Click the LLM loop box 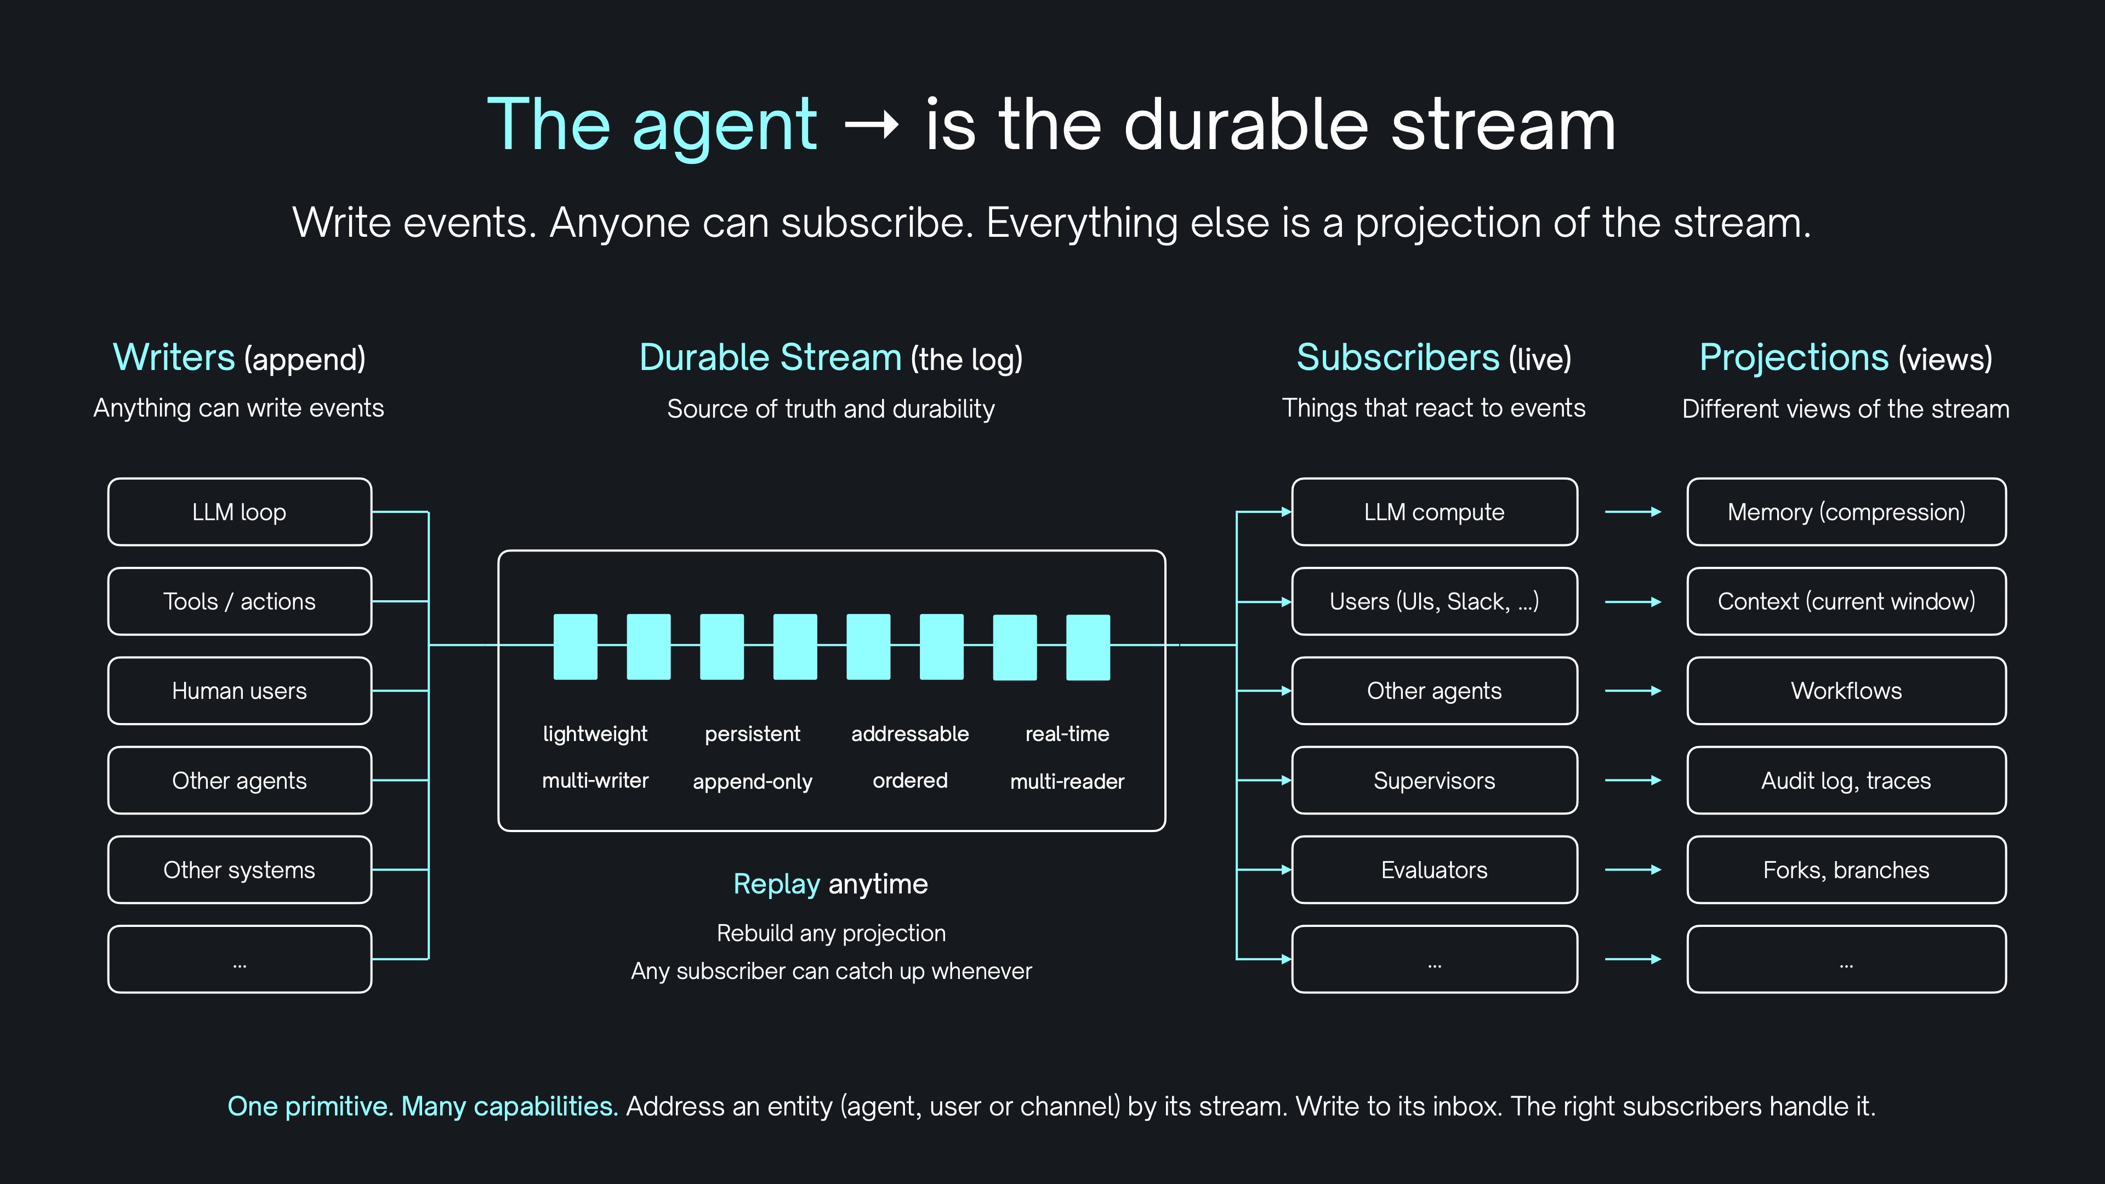240,511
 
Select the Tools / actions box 240,601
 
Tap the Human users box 240,691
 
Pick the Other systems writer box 240,869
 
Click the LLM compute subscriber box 1434,511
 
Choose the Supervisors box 1434,781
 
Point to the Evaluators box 1434,869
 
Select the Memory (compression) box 1846,511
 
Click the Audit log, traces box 1846,781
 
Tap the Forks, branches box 1846,869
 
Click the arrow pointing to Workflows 1632,691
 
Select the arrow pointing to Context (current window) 1632,601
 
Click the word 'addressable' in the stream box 909,734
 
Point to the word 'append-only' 752,781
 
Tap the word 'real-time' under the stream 1067,734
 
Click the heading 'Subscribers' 1397,358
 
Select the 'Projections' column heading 1794,358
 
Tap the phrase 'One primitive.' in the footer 310,1106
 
